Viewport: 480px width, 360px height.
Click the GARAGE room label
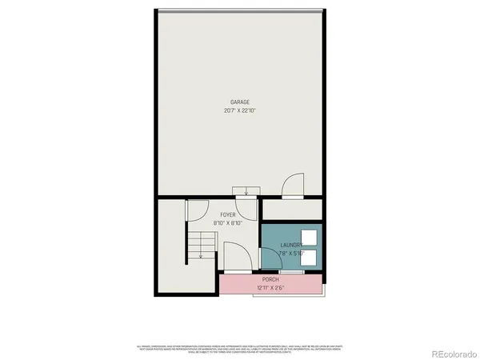click(x=241, y=102)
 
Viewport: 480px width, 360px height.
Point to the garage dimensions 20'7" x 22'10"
click(x=241, y=110)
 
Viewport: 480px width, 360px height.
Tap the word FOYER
click(x=227, y=215)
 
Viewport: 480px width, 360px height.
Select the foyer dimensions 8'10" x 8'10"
click(x=227, y=224)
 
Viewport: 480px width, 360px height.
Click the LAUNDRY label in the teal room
click(x=292, y=246)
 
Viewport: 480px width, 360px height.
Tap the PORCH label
click(x=270, y=279)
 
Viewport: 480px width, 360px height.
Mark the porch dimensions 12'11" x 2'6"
click(x=270, y=286)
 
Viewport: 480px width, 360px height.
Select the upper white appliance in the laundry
click(x=310, y=238)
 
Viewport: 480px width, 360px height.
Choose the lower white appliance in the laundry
click(x=310, y=258)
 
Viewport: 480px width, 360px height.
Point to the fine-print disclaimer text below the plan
click(x=241, y=348)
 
